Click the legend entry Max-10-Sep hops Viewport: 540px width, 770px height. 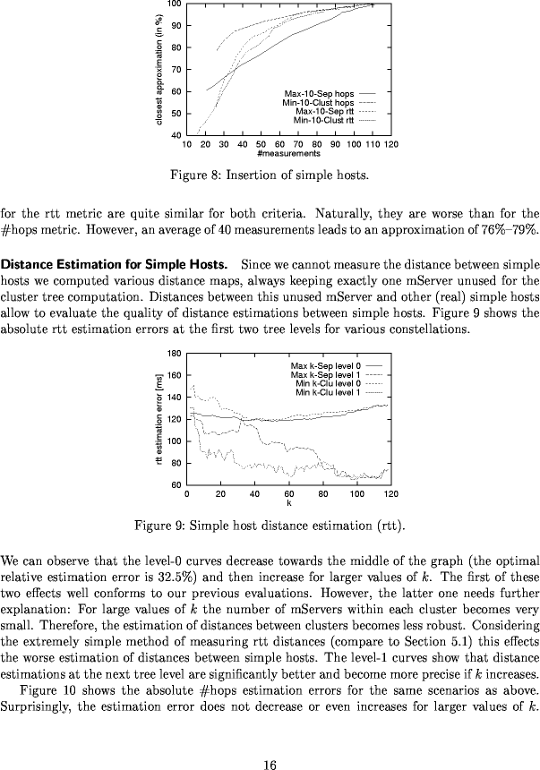pos(319,93)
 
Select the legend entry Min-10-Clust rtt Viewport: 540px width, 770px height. pos(323,119)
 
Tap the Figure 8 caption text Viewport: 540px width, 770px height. pos(270,174)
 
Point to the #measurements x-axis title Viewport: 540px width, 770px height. pos(288,153)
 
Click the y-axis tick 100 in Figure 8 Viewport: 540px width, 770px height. pos(175,4)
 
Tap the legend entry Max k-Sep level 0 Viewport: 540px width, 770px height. pos(325,366)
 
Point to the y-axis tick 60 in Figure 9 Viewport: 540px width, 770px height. pos(176,485)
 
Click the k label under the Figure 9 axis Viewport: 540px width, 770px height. pos(288,502)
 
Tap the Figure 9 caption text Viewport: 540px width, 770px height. pos(270,524)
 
